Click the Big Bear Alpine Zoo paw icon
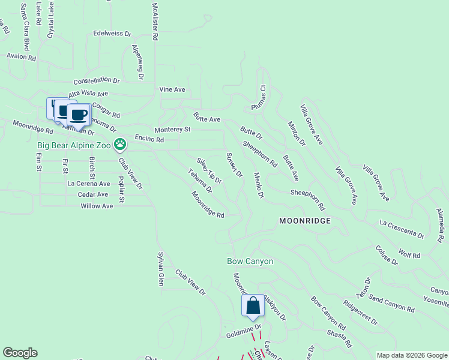[121, 143]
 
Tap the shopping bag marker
[253, 305]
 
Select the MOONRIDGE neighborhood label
[305, 221]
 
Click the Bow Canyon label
[250, 262]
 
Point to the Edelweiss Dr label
[112, 34]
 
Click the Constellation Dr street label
[97, 80]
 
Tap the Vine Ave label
[172, 89]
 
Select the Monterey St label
[172, 130]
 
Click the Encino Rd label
[149, 139]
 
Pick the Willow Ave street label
[97, 206]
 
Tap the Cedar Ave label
[93, 194]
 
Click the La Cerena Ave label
[89, 184]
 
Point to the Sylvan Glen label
[160, 269]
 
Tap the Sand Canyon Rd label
[391, 304]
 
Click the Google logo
[20, 353]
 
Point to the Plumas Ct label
[262, 95]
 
